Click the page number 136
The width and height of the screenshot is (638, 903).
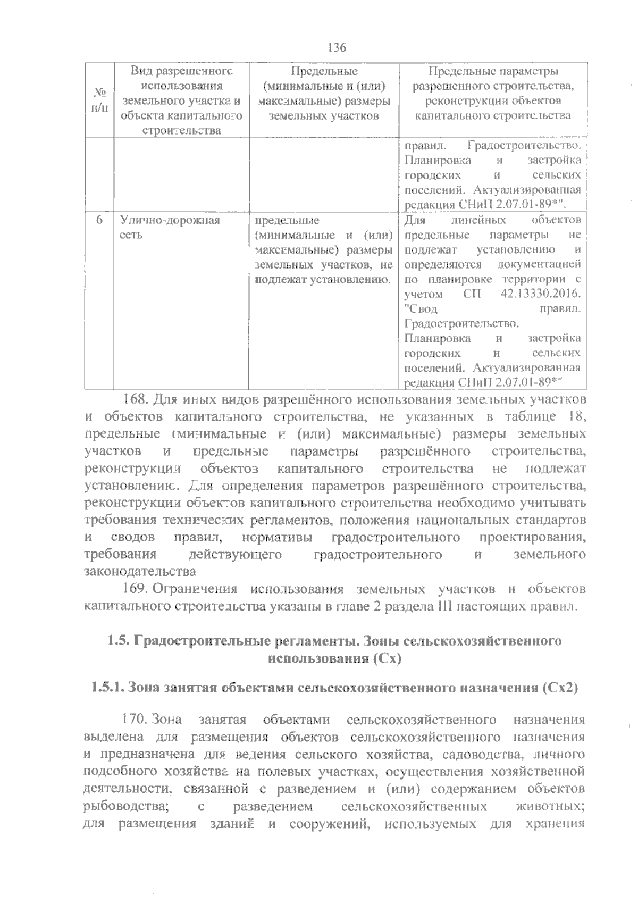click(337, 48)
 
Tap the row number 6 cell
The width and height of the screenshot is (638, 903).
click(99, 220)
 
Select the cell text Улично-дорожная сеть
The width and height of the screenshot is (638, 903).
click(169, 227)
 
